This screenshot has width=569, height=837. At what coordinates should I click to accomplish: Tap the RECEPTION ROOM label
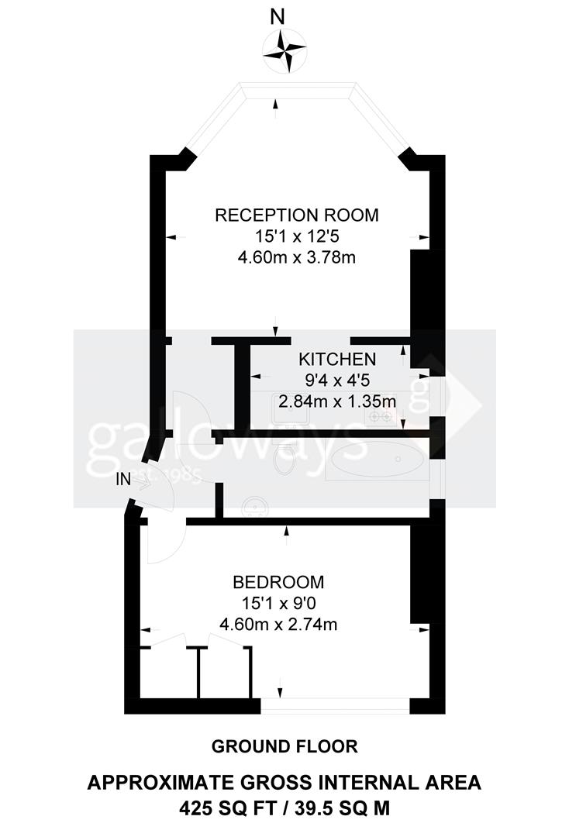(x=297, y=215)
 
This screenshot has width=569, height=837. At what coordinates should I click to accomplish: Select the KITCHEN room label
(x=337, y=359)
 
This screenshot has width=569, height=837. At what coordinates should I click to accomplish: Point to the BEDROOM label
(x=278, y=581)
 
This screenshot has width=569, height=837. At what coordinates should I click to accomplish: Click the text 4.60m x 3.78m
(x=297, y=257)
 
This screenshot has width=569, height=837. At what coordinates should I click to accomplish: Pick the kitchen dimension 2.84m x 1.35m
(x=337, y=401)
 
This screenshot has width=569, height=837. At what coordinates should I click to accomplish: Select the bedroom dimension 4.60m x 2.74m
(x=278, y=624)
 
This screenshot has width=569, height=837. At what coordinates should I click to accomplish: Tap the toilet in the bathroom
(x=284, y=462)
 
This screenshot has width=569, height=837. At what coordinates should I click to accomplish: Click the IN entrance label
(x=123, y=479)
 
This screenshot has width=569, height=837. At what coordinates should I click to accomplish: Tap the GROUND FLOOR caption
(x=284, y=746)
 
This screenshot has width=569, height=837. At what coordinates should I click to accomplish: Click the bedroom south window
(x=335, y=704)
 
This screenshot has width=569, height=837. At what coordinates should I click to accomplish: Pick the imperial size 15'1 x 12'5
(x=297, y=236)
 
